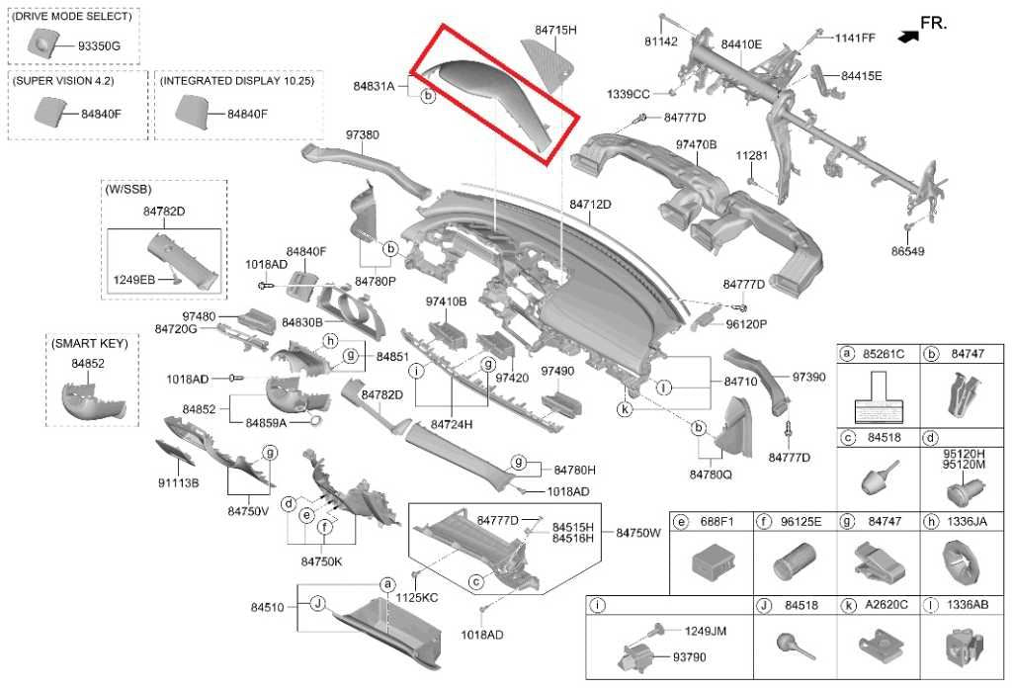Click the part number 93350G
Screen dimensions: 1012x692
pyautogui.click(x=99, y=46)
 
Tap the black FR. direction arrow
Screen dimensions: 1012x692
pyautogui.click(x=908, y=37)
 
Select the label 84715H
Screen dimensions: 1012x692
pyautogui.click(x=555, y=30)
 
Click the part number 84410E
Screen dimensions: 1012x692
pyautogui.click(x=741, y=44)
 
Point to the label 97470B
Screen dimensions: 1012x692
pyautogui.click(x=697, y=144)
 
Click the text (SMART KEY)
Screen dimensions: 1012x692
pyautogui.click(x=90, y=343)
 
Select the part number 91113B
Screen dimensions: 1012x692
pyautogui.click(x=178, y=482)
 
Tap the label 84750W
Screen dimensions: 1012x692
pyautogui.click(x=638, y=533)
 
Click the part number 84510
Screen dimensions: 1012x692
pyautogui.click(x=267, y=607)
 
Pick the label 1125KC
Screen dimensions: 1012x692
pyautogui.click(x=416, y=598)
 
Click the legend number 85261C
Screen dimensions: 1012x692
pyautogui.click(x=884, y=354)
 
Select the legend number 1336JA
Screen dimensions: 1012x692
pyautogui.click(x=968, y=521)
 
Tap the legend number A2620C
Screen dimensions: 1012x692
pyautogui.click(x=886, y=605)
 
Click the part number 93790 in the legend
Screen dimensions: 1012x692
pyautogui.click(x=689, y=657)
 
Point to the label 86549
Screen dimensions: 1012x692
pyautogui.click(x=907, y=251)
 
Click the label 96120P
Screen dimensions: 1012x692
pyautogui.click(x=746, y=324)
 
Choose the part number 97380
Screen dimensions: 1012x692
pyautogui.click(x=362, y=134)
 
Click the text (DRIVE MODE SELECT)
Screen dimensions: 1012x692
pyautogui.click(x=71, y=16)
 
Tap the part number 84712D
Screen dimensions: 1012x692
pyautogui.click(x=590, y=205)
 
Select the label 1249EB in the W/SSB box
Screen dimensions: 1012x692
pyautogui.click(x=133, y=280)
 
